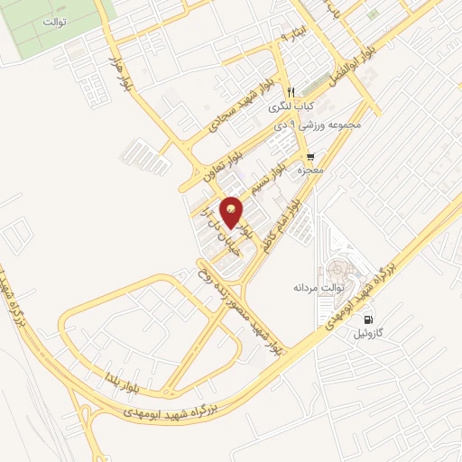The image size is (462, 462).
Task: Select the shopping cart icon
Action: pos(311,154)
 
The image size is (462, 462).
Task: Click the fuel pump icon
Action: pos(368,319)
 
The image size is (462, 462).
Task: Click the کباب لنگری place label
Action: pos(291,106)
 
